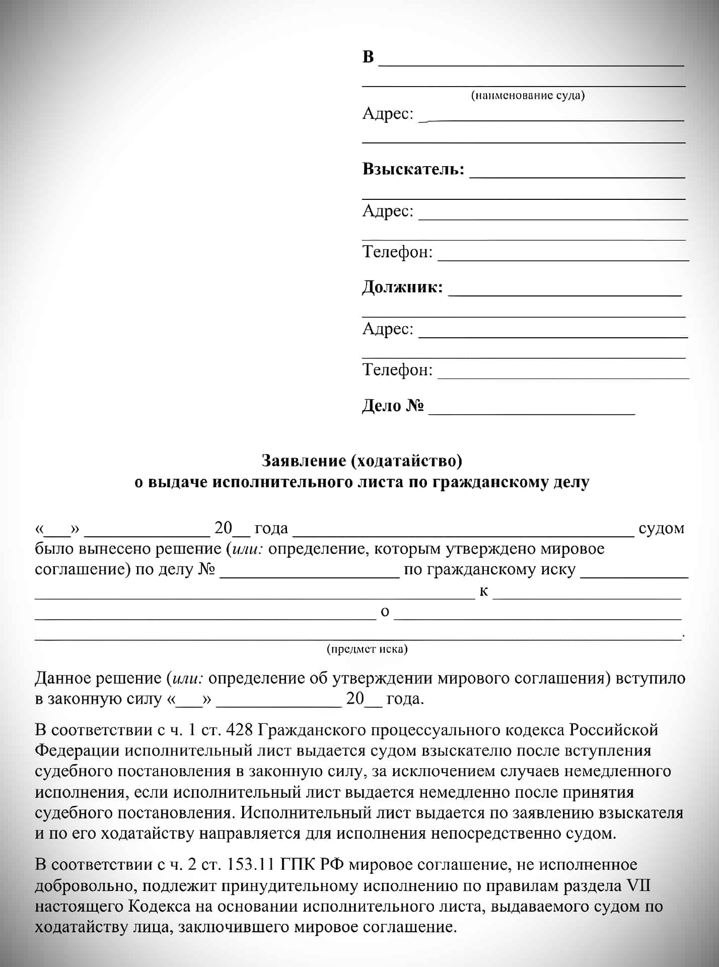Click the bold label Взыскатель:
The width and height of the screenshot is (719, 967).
(413, 170)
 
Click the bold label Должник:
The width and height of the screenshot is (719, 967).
(402, 287)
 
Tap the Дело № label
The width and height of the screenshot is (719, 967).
(393, 406)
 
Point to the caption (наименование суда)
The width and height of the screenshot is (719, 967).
(528, 95)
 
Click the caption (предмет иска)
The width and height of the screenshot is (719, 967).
(367, 649)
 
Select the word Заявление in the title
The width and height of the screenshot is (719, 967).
(304, 461)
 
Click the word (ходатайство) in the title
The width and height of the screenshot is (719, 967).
(406, 461)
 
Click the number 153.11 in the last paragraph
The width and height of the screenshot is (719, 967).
(250, 865)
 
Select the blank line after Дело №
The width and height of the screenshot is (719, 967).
(531, 413)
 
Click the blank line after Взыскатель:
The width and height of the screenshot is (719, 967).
(577, 177)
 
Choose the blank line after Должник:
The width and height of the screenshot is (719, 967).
(565, 294)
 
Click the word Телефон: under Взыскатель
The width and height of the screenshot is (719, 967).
(397, 252)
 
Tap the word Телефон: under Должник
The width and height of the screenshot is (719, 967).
(397, 370)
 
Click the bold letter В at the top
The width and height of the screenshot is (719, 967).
(368, 57)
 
